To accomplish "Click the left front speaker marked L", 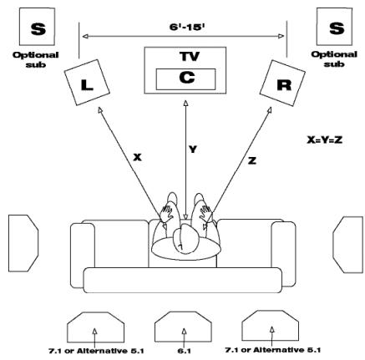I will coord(87,83).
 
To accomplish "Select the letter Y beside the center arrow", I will coord(192,151).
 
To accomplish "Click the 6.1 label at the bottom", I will coord(184,351).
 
